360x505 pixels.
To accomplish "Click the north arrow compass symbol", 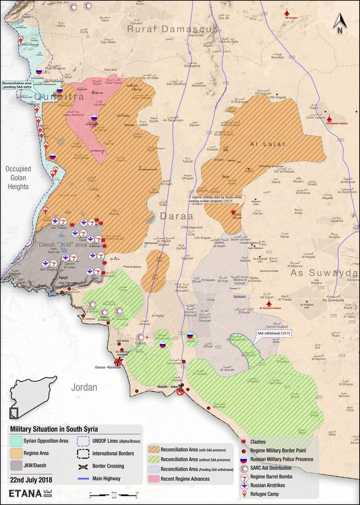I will point(340,23).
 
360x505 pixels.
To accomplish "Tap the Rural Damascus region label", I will point(172,29).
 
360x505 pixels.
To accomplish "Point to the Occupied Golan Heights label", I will point(18,178).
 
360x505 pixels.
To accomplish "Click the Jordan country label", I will point(84,387).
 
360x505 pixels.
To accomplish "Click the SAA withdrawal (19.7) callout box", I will point(274,333).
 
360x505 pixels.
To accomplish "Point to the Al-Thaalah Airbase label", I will point(270,308).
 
